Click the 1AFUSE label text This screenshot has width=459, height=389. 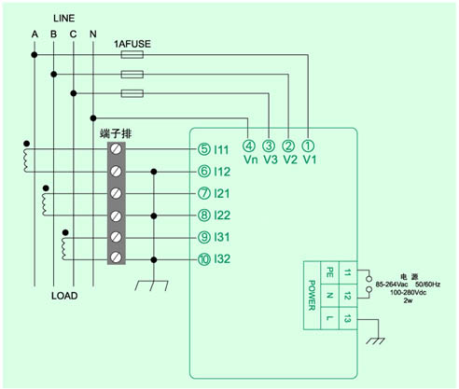click(132, 44)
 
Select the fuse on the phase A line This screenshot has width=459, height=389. click(132, 55)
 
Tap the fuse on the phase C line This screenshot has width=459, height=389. click(132, 93)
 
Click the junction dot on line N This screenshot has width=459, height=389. click(93, 118)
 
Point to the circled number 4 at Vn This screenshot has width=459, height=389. click(249, 146)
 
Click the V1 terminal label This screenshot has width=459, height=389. click(310, 160)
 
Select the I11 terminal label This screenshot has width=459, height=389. click(221, 150)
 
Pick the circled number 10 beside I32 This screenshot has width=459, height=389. click(204, 259)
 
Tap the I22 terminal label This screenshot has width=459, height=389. click(222, 215)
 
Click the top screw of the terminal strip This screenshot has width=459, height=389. click(117, 149)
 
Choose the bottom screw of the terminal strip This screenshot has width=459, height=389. click(117, 257)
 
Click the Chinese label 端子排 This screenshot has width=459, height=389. click(116, 133)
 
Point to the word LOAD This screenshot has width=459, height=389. click(64, 296)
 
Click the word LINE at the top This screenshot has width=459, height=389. click(64, 19)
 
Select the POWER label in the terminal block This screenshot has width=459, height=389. click(312, 296)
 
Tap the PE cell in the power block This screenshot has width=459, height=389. click(329, 272)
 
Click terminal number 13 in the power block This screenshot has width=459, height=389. click(347, 318)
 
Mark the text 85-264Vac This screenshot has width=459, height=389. click(392, 285)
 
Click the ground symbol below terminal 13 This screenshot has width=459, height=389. click(375, 341)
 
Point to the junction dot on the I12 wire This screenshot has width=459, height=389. click(154, 172)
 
